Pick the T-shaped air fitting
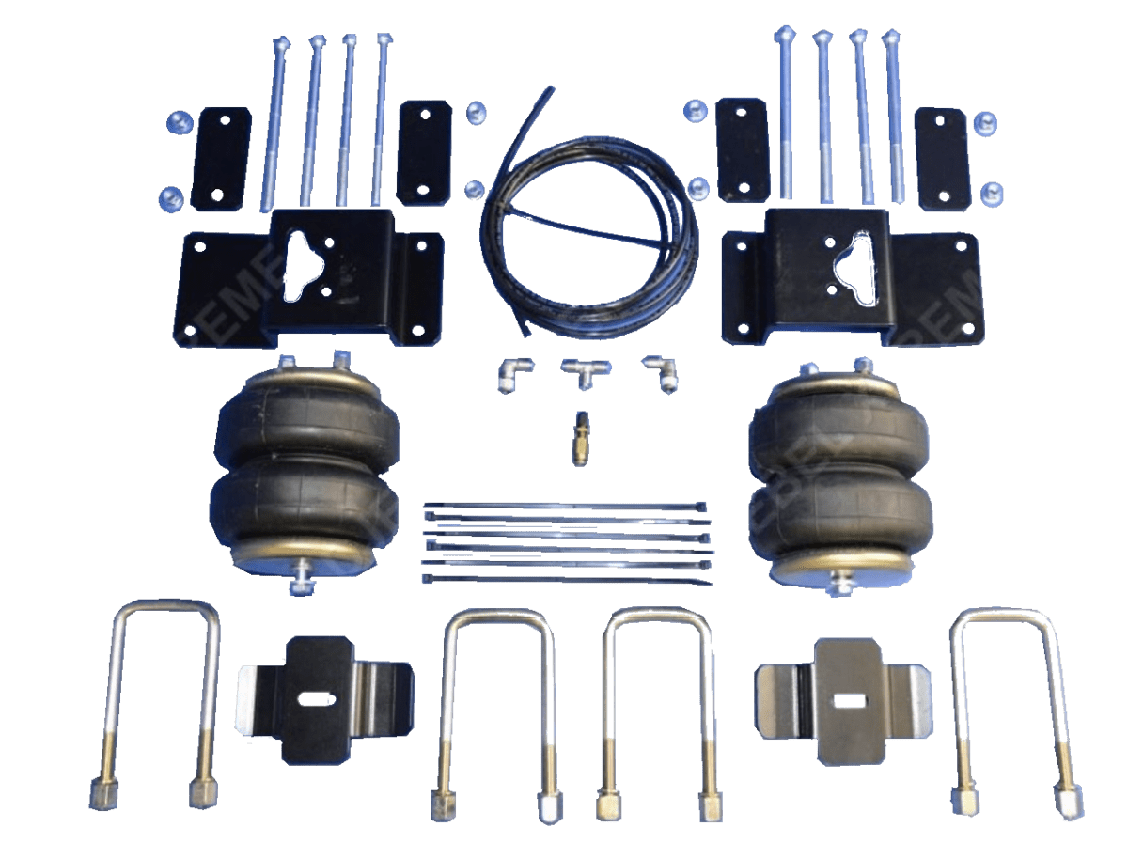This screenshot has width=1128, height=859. [580, 372]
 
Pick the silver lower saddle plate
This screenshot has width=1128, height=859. [847, 699]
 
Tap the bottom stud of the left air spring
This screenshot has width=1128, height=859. [304, 577]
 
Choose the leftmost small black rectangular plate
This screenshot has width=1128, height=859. [221, 159]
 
